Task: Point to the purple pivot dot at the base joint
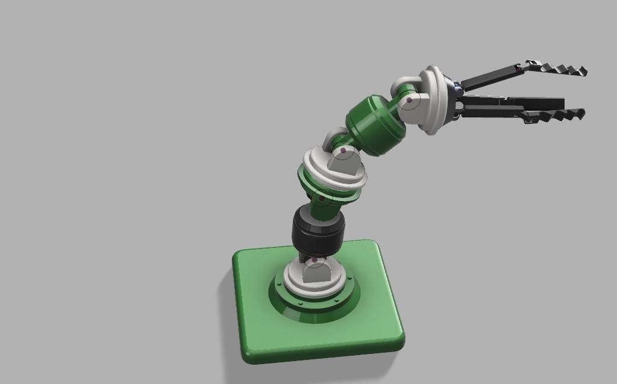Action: click(314, 260)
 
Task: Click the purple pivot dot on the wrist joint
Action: click(410, 101)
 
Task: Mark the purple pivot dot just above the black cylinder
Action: click(322, 198)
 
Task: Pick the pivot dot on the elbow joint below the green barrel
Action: click(343, 150)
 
